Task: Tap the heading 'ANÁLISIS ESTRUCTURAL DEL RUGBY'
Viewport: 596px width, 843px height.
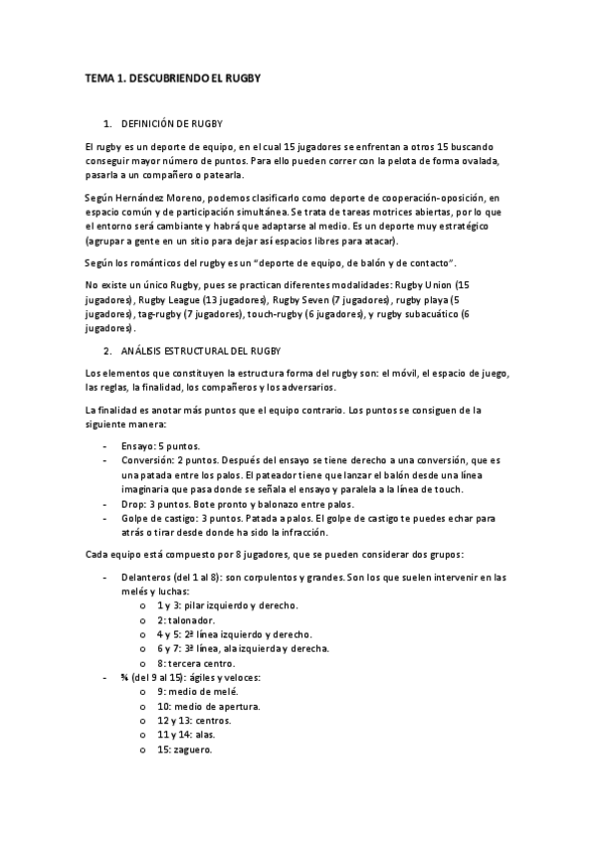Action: [x=201, y=351]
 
